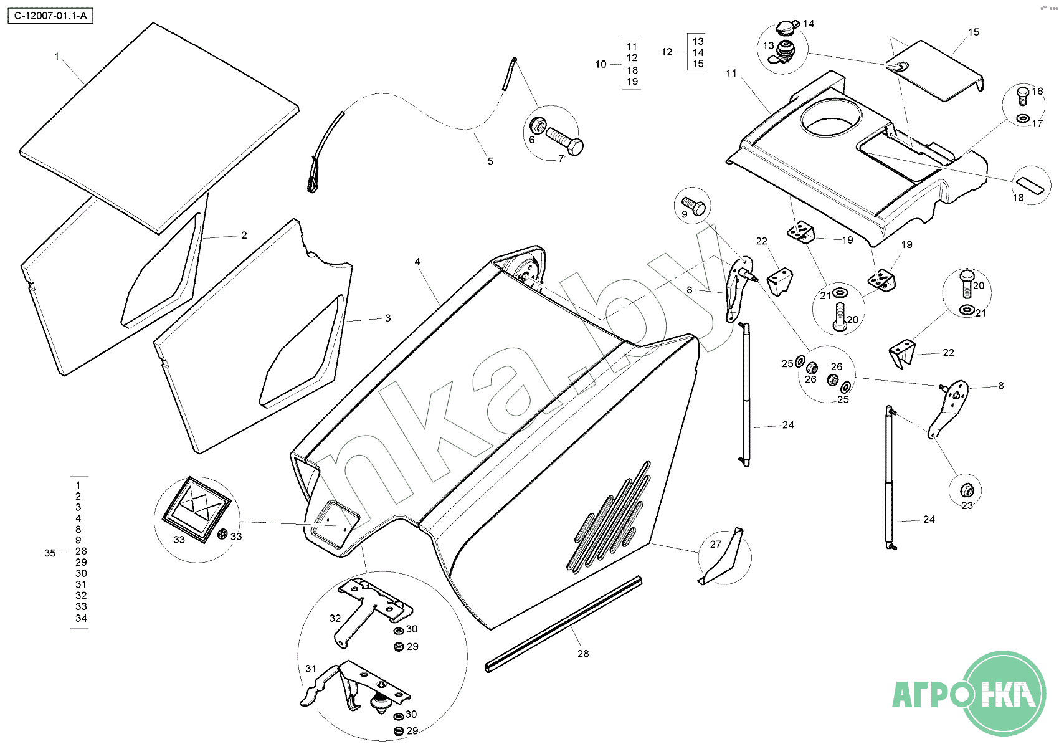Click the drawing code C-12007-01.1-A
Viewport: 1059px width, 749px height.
coord(50,16)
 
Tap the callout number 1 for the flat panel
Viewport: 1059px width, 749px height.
coord(57,57)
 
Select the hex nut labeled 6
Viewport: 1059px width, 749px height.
coord(538,125)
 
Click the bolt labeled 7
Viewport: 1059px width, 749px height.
coord(564,140)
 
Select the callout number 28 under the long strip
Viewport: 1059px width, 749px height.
coord(584,654)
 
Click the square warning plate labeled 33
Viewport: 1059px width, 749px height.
coord(197,510)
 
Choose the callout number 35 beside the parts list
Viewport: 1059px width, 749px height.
coord(50,553)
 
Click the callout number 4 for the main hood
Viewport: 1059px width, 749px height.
coord(417,262)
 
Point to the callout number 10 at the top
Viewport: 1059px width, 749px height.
coord(601,64)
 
